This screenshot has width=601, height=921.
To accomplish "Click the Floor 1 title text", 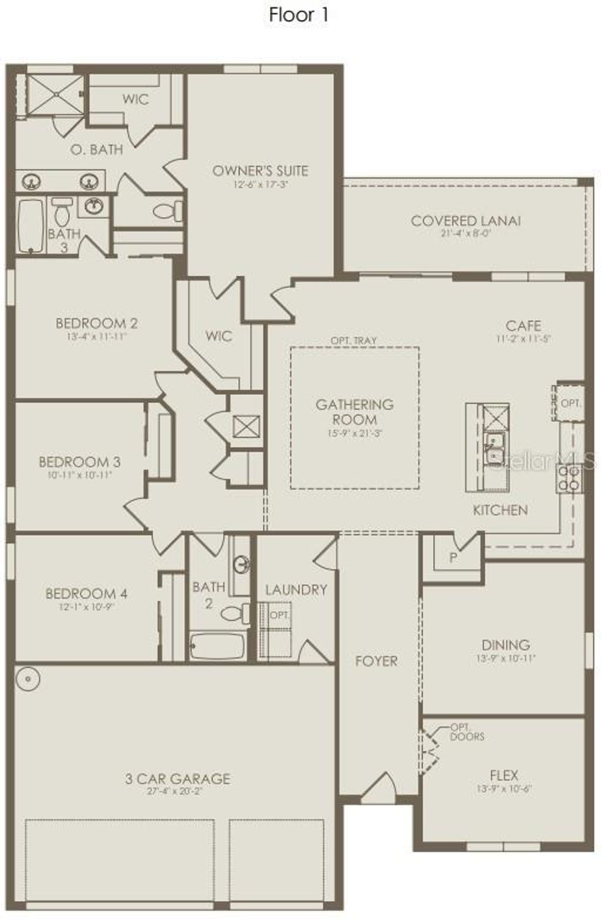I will pyautogui.click(x=299, y=15).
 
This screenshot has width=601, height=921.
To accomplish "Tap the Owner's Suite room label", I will pyautogui.click(x=260, y=171).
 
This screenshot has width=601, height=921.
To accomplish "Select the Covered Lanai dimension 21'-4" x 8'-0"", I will pyautogui.click(x=465, y=233).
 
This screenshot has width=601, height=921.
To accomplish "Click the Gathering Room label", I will pyautogui.click(x=354, y=412).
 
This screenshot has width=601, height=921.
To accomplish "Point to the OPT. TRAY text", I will pyautogui.click(x=353, y=341).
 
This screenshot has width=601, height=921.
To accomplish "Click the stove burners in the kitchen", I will pyautogui.click(x=569, y=478).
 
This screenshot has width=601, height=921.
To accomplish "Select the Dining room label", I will pyautogui.click(x=505, y=645).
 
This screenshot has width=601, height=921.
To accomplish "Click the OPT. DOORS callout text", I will pyautogui.click(x=467, y=732).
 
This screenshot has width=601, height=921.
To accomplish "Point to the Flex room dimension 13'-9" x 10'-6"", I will pyautogui.click(x=504, y=789).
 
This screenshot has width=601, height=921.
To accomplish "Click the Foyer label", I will pyautogui.click(x=376, y=661).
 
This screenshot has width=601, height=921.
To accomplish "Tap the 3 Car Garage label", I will pyautogui.click(x=177, y=779).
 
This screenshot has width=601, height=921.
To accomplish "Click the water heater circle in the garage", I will pyautogui.click(x=28, y=679).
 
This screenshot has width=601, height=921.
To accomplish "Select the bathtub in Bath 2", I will pyautogui.click(x=217, y=646).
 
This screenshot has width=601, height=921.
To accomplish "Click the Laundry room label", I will pyautogui.click(x=296, y=590).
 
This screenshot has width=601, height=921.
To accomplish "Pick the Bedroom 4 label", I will pyautogui.click(x=86, y=594).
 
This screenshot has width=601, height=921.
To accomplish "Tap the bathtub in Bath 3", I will pyautogui.click(x=31, y=226).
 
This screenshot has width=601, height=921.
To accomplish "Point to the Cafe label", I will pyautogui.click(x=523, y=326).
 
